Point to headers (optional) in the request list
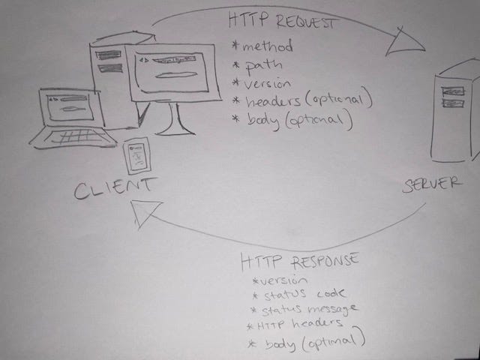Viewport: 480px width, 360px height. (x=304, y=100)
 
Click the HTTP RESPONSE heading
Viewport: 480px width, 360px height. (x=300, y=262)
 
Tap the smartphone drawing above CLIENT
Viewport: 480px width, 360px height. (x=136, y=156)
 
